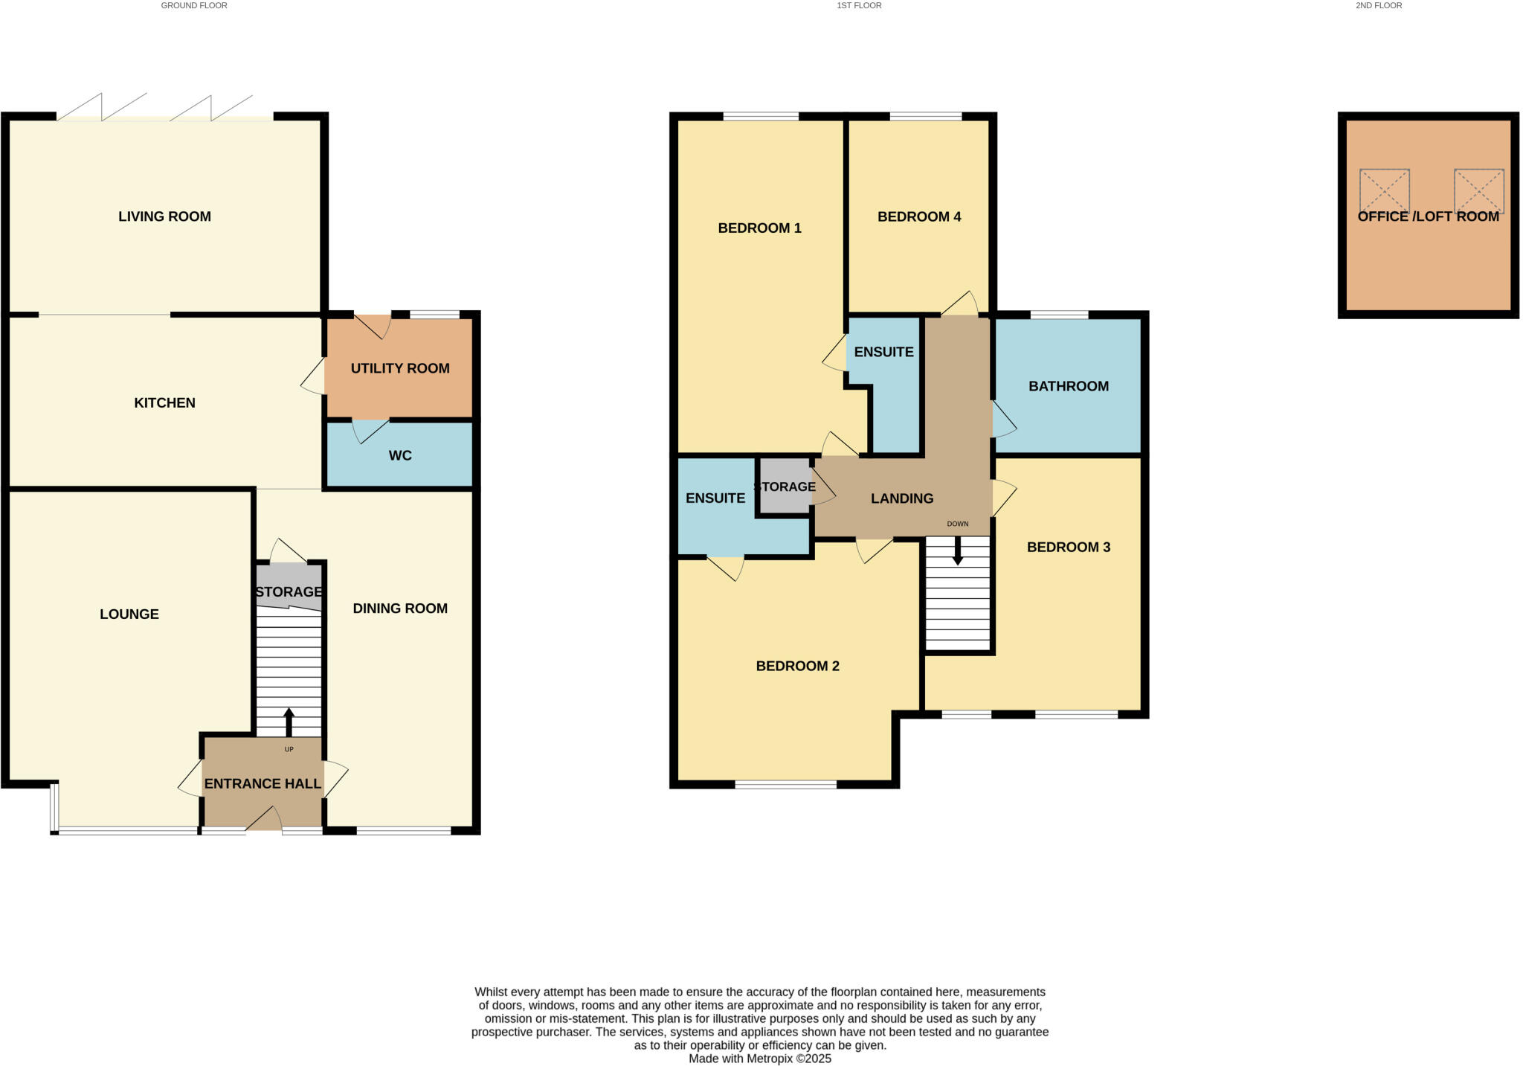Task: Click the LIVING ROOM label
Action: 164,216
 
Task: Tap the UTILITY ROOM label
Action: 400,368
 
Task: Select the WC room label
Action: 400,455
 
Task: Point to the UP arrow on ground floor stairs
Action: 289,722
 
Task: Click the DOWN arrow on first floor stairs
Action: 958,551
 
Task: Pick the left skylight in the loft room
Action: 1384,191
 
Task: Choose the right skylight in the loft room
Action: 1478,191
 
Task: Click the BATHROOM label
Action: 1068,386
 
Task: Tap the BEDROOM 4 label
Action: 918,216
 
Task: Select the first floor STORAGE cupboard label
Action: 785,487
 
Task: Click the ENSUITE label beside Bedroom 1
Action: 883,352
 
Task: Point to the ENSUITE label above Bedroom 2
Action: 715,498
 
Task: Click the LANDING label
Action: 902,498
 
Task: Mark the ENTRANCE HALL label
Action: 263,783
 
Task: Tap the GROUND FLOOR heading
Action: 194,5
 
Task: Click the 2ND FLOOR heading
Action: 1378,5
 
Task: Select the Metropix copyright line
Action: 759,1059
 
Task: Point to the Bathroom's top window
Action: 1059,315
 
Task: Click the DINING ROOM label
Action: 400,609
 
